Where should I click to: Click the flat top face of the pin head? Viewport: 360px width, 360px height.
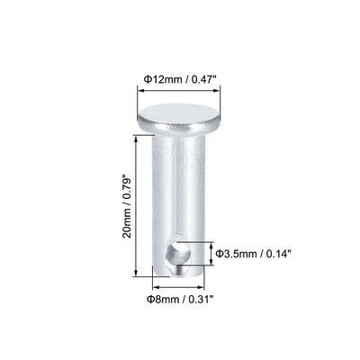183,114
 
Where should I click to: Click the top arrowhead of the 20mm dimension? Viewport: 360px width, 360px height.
136,135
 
